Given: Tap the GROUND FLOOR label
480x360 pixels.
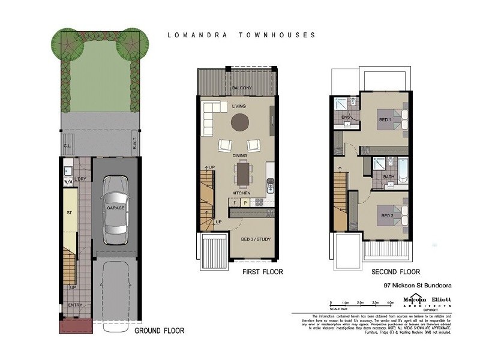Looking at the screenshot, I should [x=159, y=331].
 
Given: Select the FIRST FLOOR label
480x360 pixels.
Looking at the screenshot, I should [x=262, y=272].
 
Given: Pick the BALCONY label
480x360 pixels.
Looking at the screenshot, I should [x=242, y=89].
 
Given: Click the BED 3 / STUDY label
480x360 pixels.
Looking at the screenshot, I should [x=256, y=239].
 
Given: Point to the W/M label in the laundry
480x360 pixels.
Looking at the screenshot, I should [x=67, y=182].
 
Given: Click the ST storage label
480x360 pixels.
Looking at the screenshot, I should [x=69, y=212].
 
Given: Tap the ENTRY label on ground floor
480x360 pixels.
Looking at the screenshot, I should [x=75, y=305].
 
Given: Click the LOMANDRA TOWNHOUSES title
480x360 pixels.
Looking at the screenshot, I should [x=241, y=35].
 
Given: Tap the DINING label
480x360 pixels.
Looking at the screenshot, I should [x=240, y=155].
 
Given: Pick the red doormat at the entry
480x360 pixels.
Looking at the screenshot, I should [x=75, y=327].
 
